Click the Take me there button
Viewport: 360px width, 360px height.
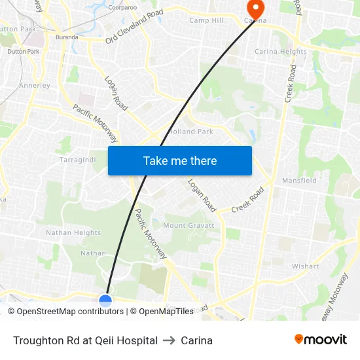point(180,161)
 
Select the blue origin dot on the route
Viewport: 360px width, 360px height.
point(105,301)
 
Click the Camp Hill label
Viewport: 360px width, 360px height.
point(206,20)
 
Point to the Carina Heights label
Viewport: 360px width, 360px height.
point(280,52)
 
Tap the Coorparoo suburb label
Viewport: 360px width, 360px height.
point(123,8)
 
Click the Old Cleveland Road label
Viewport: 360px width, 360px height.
point(134,27)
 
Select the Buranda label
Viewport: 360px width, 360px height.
point(67,37)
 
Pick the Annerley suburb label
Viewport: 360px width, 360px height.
point(35,86)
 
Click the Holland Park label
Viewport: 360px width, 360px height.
point(191,132)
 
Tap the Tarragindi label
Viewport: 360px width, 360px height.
point(77,160)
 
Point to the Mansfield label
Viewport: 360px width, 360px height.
point(299,181)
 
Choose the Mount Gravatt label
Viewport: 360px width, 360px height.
point(189,226)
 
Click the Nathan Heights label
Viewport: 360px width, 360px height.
point(73,233)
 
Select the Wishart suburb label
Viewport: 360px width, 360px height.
point(305,266)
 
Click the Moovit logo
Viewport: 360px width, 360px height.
point(321,340)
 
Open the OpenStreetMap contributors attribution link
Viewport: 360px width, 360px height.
point(69,312)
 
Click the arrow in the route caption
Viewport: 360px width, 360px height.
point(169,340)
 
